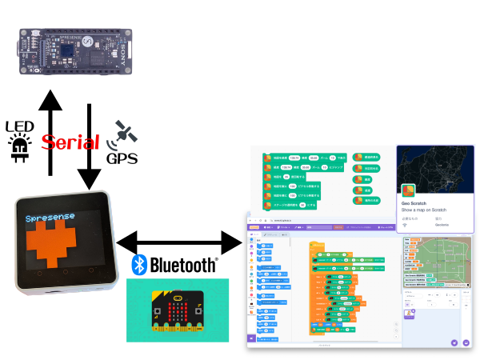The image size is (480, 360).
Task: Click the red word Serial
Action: tap(70, 143)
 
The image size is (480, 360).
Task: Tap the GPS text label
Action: tap(122, 158)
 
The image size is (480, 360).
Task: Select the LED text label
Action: tap(19, 126)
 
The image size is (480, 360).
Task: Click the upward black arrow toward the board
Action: tap(50, 132)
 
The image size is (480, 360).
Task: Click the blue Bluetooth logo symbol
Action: tap(138, 265)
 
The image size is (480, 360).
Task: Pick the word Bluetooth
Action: tap(182, 265)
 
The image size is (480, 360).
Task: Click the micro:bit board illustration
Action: tap(177, 313)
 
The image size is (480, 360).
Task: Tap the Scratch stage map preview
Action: tap(433, 261)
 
